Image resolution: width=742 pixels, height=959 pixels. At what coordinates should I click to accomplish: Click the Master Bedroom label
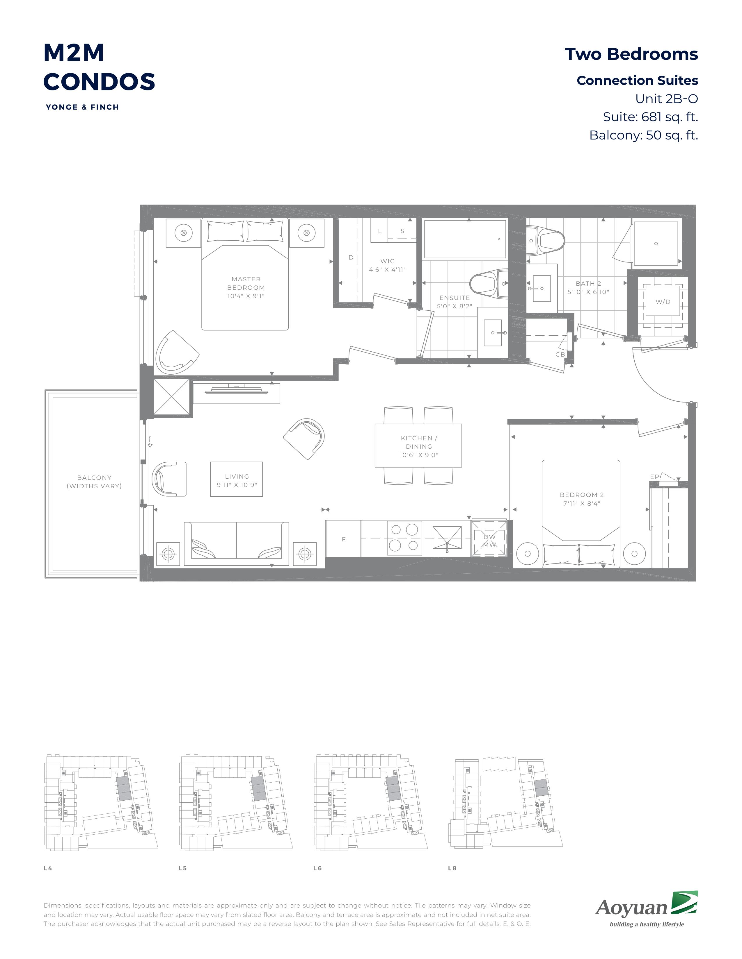pyautogui.click(x=246, y=283)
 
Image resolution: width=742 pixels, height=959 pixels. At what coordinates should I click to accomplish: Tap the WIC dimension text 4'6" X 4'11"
pyautogui.click(x=387, y=270)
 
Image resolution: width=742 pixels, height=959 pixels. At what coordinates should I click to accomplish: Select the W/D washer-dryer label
pyautogui.click(x=663, y=302)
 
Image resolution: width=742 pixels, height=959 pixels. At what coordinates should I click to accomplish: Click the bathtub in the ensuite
pyautogui.click(x=465, y=239)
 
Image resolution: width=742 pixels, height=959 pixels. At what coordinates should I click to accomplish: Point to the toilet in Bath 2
pyautogui.click(x=545, y=241)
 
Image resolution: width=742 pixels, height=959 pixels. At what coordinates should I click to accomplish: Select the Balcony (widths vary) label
pyautogui.click(x=94, y=482)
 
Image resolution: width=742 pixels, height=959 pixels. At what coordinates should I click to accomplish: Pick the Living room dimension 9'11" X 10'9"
pyautogui.click(x=237, y=485)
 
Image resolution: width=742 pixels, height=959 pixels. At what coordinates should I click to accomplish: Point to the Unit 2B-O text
pyautogui.click(x=666, y=99)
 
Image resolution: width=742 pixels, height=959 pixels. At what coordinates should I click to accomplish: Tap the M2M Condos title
pyautogui.click(x=99, y=67)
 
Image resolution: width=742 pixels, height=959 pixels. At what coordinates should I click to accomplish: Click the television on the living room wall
pyautogui.click(x=237, y=389)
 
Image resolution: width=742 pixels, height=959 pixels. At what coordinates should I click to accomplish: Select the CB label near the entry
pyautogui.click(x=560, y=354)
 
